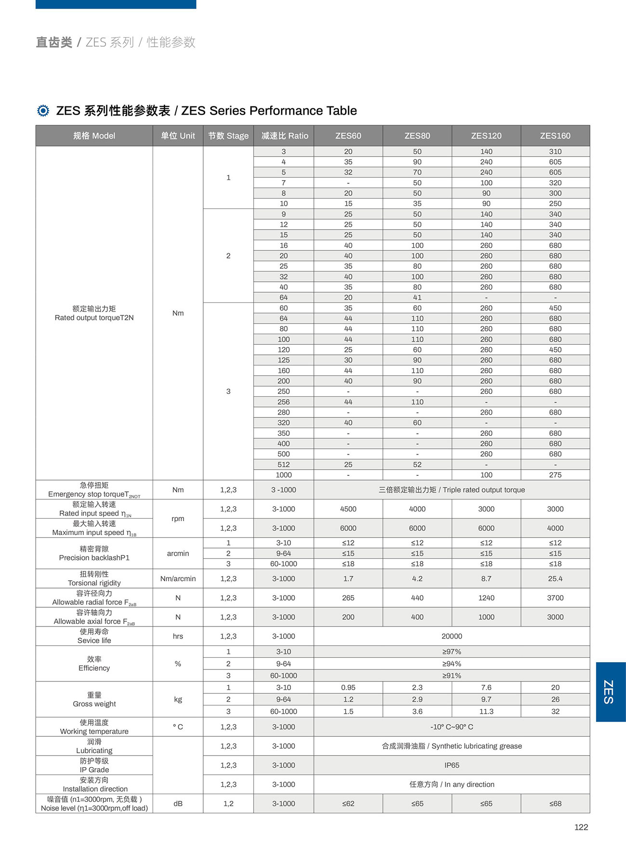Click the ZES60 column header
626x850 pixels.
tap(348, 136)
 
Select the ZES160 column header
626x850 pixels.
tap(555, 136)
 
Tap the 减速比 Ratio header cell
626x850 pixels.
tap(284, 136)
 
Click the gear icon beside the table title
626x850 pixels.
tap(43, 111)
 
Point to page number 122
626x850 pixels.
tap(581, 827)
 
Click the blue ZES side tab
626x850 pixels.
tap(610, 692)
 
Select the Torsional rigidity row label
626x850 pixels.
tap(94, 578)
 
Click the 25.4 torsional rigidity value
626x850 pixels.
tap(555, 578)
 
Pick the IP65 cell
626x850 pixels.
tap(452, 765)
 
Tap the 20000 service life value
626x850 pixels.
tap(452, 636)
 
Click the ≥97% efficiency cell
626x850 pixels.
tap(452, 652)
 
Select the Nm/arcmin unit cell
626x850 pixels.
tap(178, 578)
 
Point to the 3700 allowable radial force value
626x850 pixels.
tap(555, 598)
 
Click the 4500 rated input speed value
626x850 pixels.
tap(348, 509)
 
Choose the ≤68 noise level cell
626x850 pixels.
tap(555, 803)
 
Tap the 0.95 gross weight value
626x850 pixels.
tap(348, 688)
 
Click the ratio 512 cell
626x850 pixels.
tap(284, 465)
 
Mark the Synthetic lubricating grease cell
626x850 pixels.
tap(452, 746)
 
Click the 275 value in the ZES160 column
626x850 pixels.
tap(555, 475)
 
